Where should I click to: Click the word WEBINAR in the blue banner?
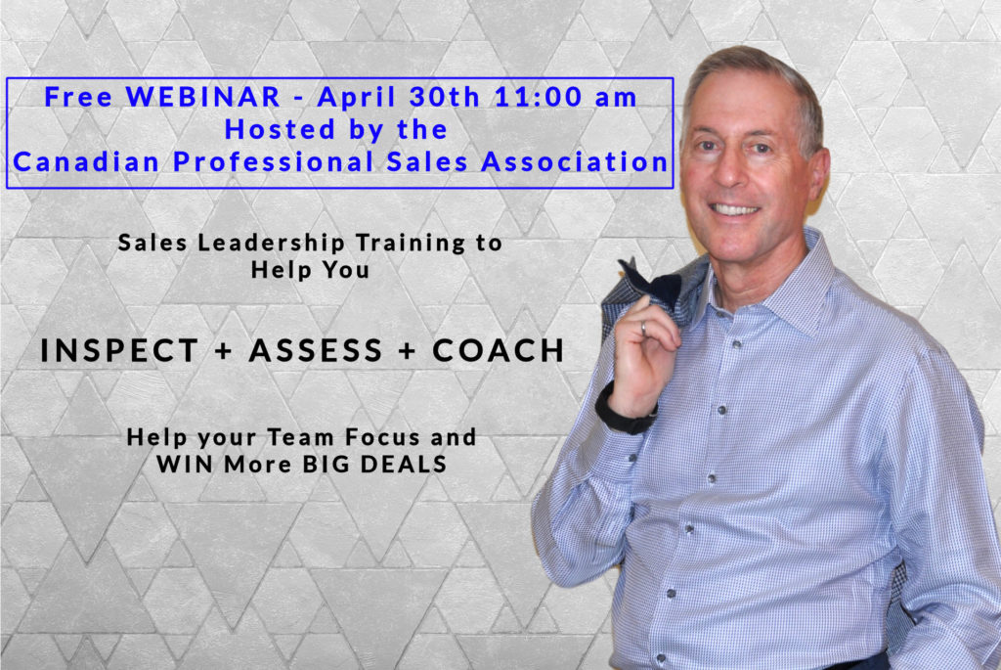pyautogui.click(x=202, y=97)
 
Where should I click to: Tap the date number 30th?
pyautogui.click(x=445, y=97)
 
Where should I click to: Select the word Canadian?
pyautogui.click(x=86, y=161)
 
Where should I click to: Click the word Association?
pyautogui.click(x=575, y=161)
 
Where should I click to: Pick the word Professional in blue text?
pyautogui.click(x=274, y=161)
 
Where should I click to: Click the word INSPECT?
pyautogui.click(x=119, y=350)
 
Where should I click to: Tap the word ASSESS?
pyautogui.click(x=316, y=350)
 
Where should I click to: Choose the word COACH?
pyautogui.click(x=499, y=350)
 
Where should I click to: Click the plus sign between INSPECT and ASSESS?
pyautogui.click(x=224, y=351)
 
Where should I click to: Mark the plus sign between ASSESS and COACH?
pyautogui.click(x=408, y=351)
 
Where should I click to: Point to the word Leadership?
pyautogui.click(x=272, y=244)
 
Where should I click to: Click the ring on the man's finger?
pyautogui.click(x=644, y=329)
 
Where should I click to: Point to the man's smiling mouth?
pyautogui.click(x=735, y=209)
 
